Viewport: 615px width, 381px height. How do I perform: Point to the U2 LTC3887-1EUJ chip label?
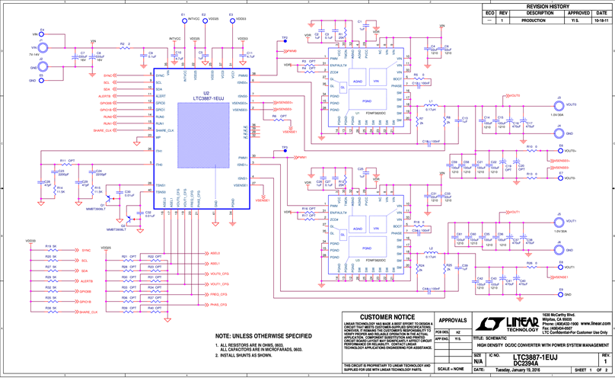208,100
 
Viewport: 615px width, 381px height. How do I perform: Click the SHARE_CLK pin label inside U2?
166,130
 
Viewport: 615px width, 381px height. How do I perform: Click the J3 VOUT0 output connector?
559,106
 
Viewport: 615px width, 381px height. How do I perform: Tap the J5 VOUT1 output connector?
559,221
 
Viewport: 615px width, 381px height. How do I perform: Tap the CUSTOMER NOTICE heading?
386,315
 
